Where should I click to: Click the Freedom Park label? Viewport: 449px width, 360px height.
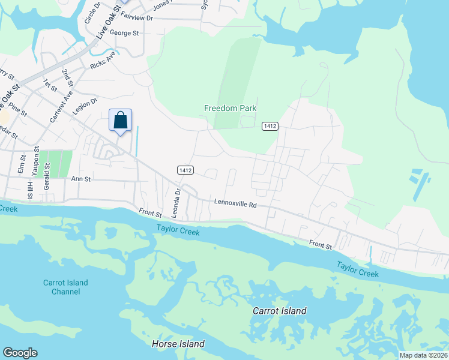pos(230,108)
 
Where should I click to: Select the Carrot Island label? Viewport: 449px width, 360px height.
pos(279,311)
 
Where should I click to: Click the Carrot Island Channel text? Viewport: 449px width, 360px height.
pos(65,287)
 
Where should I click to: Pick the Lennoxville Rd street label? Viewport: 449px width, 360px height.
pos(235,204)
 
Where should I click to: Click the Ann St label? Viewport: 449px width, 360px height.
pos(80,178)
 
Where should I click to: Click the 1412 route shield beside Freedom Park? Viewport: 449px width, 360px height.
pos(270,125)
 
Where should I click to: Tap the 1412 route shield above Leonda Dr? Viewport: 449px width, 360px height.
pos(185,170)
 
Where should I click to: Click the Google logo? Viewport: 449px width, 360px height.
pos(20,353)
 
